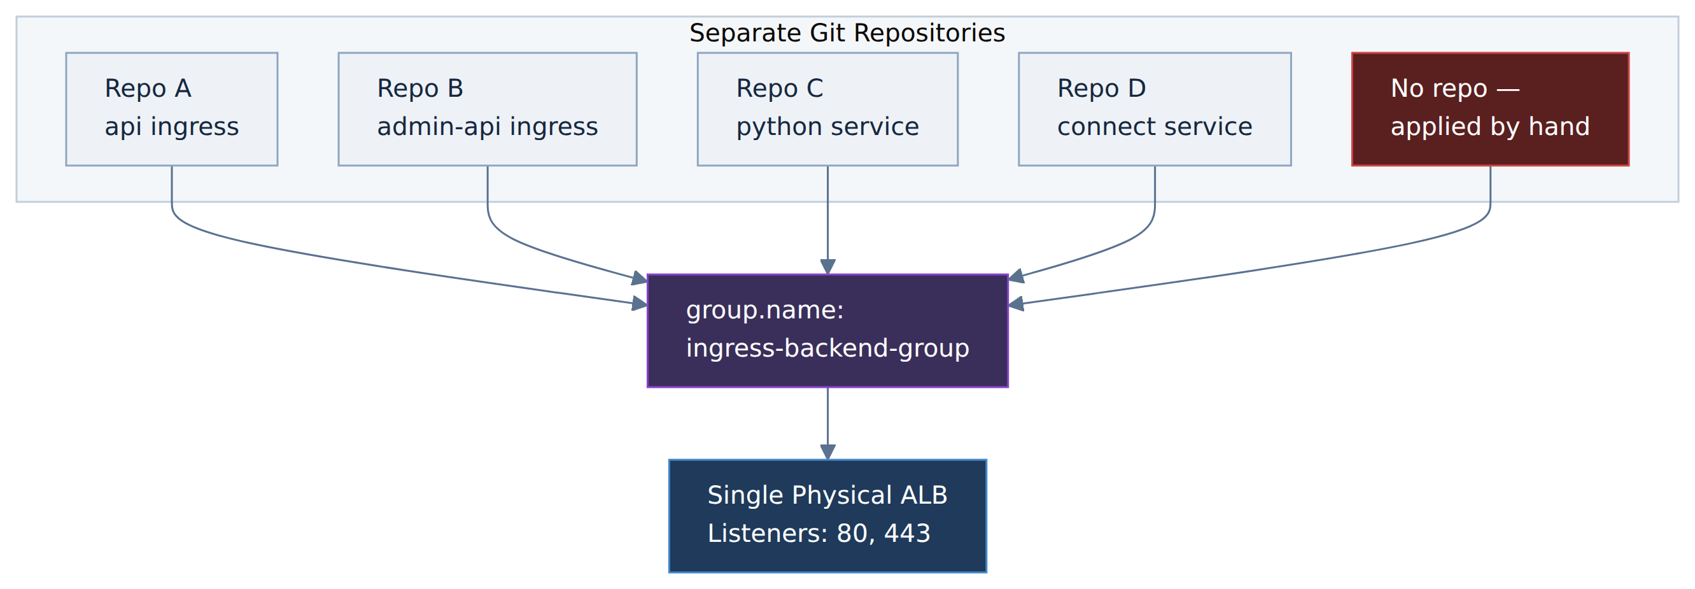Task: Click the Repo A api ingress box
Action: [172, 110]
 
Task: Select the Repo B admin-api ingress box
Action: [488, 110]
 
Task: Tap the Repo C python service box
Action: [827, 110]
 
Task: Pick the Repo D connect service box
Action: [1155, 110]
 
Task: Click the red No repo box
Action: [1490, 110]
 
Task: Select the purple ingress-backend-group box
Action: [827, 331]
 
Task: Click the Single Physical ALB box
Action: [827, 516]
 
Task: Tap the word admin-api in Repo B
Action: [439, 127]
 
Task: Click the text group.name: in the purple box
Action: [765, 311]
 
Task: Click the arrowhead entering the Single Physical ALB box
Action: [827, 452]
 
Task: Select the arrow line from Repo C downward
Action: [827, 220]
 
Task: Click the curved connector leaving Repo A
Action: [369, 263]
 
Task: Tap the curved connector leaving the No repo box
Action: [1290, 263]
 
